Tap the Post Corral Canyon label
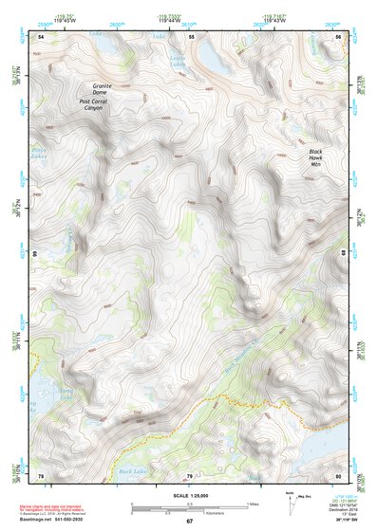pos(91,104)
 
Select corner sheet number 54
pos(41,36)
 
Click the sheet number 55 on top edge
pos(191,36)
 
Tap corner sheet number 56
pos(339,36)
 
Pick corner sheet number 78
pos(41,475)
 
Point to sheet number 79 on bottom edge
pos(189,475)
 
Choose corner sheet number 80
pos(338,475)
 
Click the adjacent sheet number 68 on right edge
pos(345,254)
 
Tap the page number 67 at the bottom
pos(189,522)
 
